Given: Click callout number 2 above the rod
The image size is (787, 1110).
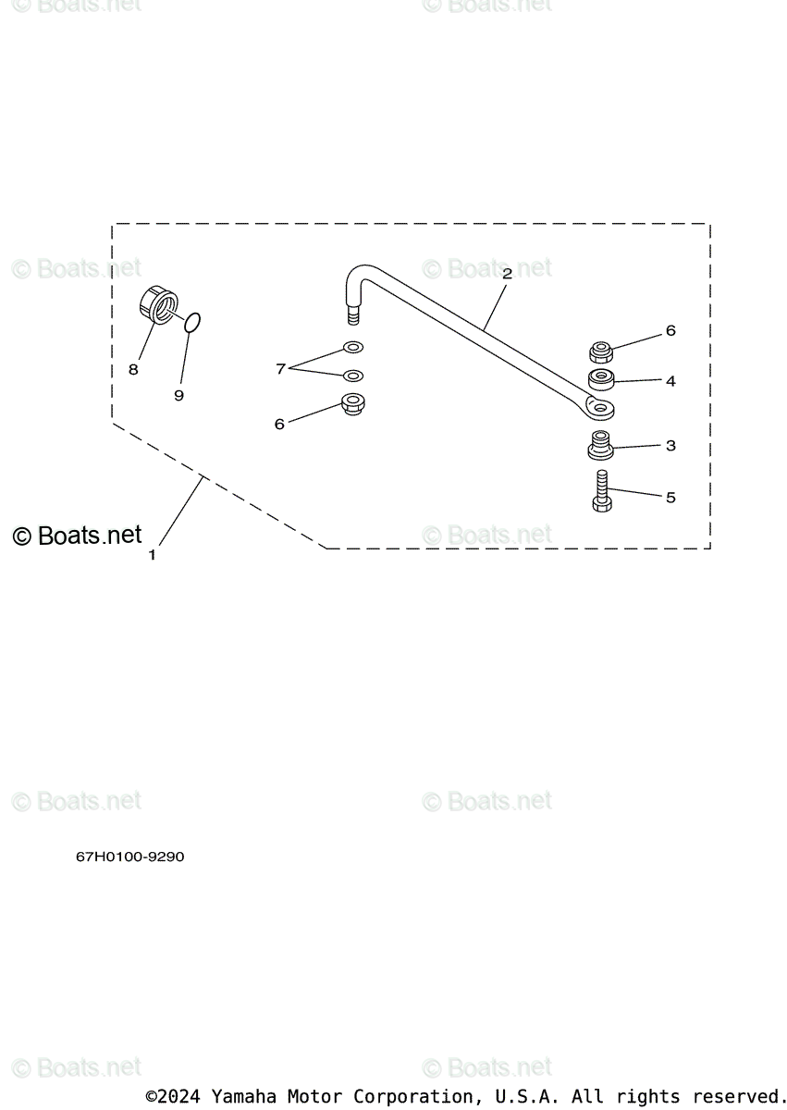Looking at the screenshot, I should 507,274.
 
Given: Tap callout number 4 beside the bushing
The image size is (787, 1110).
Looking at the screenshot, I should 670,380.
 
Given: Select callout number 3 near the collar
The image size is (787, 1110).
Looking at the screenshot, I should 670,446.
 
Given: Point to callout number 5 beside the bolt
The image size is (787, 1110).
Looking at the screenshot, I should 670,498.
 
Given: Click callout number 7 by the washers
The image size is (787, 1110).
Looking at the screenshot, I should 280,369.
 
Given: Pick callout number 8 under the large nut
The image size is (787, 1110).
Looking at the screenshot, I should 133,369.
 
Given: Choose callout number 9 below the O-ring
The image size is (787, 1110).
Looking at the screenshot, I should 178,395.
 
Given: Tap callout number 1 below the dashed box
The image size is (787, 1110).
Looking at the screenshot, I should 153,555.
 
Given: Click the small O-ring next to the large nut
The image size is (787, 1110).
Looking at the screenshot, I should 192,322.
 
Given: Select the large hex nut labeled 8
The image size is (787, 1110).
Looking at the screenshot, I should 158,305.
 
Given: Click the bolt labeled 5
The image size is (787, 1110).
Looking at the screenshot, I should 601,491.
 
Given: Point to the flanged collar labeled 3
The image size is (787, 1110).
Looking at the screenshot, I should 600,445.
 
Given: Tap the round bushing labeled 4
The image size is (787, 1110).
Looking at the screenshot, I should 602,379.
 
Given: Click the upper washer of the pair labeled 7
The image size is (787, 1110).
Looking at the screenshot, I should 352,348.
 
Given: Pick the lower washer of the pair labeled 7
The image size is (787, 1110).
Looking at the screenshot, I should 352,376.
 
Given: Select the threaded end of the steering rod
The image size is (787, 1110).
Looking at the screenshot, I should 352,316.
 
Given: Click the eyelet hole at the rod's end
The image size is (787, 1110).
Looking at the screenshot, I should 600,407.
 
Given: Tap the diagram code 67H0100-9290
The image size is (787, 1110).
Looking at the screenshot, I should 130,857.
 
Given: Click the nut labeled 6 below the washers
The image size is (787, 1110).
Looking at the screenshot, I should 352,404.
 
